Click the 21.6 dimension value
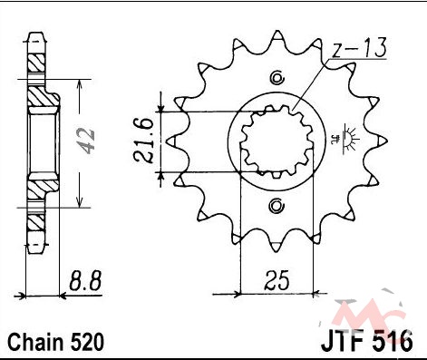tap(142, 141)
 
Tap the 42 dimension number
tap(85, 141)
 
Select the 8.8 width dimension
tap(84, 281)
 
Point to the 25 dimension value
tap(277, 279)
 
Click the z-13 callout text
tap(359, 48)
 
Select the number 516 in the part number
tap(393, 341)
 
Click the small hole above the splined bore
tap(277, 78)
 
